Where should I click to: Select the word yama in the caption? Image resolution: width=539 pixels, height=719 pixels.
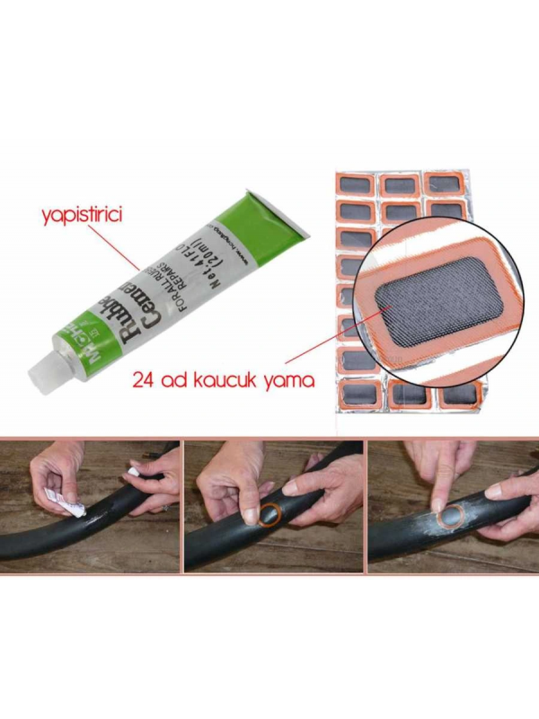tap(290, 380)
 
